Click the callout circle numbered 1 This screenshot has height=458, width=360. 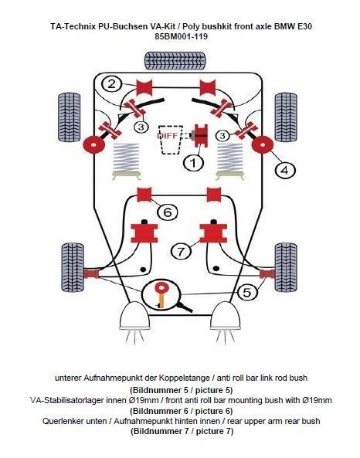(193, 163)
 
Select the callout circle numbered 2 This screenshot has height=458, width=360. (112, 84)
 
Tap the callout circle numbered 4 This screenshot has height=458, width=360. (284, 169)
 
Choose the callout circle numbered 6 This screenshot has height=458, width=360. (167, 211)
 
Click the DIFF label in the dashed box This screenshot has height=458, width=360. (168, 135)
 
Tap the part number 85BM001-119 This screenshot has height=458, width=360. (179, 36)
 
